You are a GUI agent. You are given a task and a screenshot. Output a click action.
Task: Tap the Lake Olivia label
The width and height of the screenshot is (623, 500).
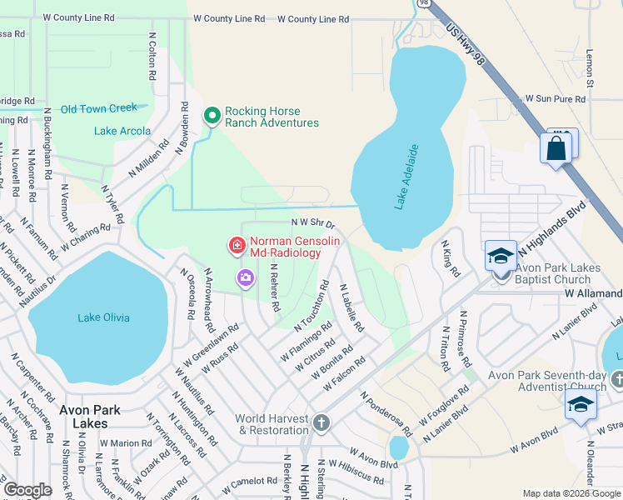point(104,317)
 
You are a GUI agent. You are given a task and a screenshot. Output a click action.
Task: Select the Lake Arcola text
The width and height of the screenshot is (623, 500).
point(122,131)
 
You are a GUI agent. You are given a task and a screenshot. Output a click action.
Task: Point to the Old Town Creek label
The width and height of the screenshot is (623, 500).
point(98,108)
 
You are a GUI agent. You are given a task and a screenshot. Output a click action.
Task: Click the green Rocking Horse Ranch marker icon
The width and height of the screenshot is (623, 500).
point(212,116)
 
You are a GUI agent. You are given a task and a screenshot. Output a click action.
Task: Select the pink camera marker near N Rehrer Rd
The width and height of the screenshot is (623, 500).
point(246,278)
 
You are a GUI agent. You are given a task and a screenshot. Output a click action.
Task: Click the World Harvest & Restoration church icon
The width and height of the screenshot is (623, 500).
point(321,422)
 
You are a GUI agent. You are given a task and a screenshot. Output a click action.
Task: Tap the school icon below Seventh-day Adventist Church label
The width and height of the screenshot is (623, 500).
point(581,406)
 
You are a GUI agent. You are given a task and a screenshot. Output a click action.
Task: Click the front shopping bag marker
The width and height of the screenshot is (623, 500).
point(556,149)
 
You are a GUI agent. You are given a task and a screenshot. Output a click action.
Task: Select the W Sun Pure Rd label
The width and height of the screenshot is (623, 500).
point(555,99)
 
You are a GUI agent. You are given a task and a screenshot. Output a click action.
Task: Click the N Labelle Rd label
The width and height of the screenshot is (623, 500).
point(351,308)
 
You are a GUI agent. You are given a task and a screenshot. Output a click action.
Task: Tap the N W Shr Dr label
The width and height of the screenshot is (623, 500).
point(312,223)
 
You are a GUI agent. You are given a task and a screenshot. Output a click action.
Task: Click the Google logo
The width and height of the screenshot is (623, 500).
point(27,490)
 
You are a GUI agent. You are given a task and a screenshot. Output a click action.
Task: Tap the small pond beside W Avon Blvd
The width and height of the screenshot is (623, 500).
point(399,447)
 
